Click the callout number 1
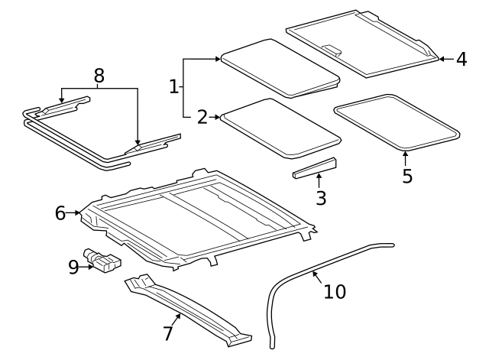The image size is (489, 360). [x=174, y=86]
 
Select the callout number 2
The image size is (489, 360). [x=202, y=117]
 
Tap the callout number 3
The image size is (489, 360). [x=321, y=198]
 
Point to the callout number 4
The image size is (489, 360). [x=461, y=59]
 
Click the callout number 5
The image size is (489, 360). [x=407, y=176]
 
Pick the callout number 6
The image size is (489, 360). [x=61, y=213]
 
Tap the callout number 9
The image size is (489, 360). [x=73, y=267]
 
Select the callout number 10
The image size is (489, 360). [x=335, y=291]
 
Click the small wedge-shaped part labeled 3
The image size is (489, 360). [x=315, y=168]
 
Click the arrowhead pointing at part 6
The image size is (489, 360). [x=78, y=213]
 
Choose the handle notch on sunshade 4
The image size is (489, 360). [x=332, y=50]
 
